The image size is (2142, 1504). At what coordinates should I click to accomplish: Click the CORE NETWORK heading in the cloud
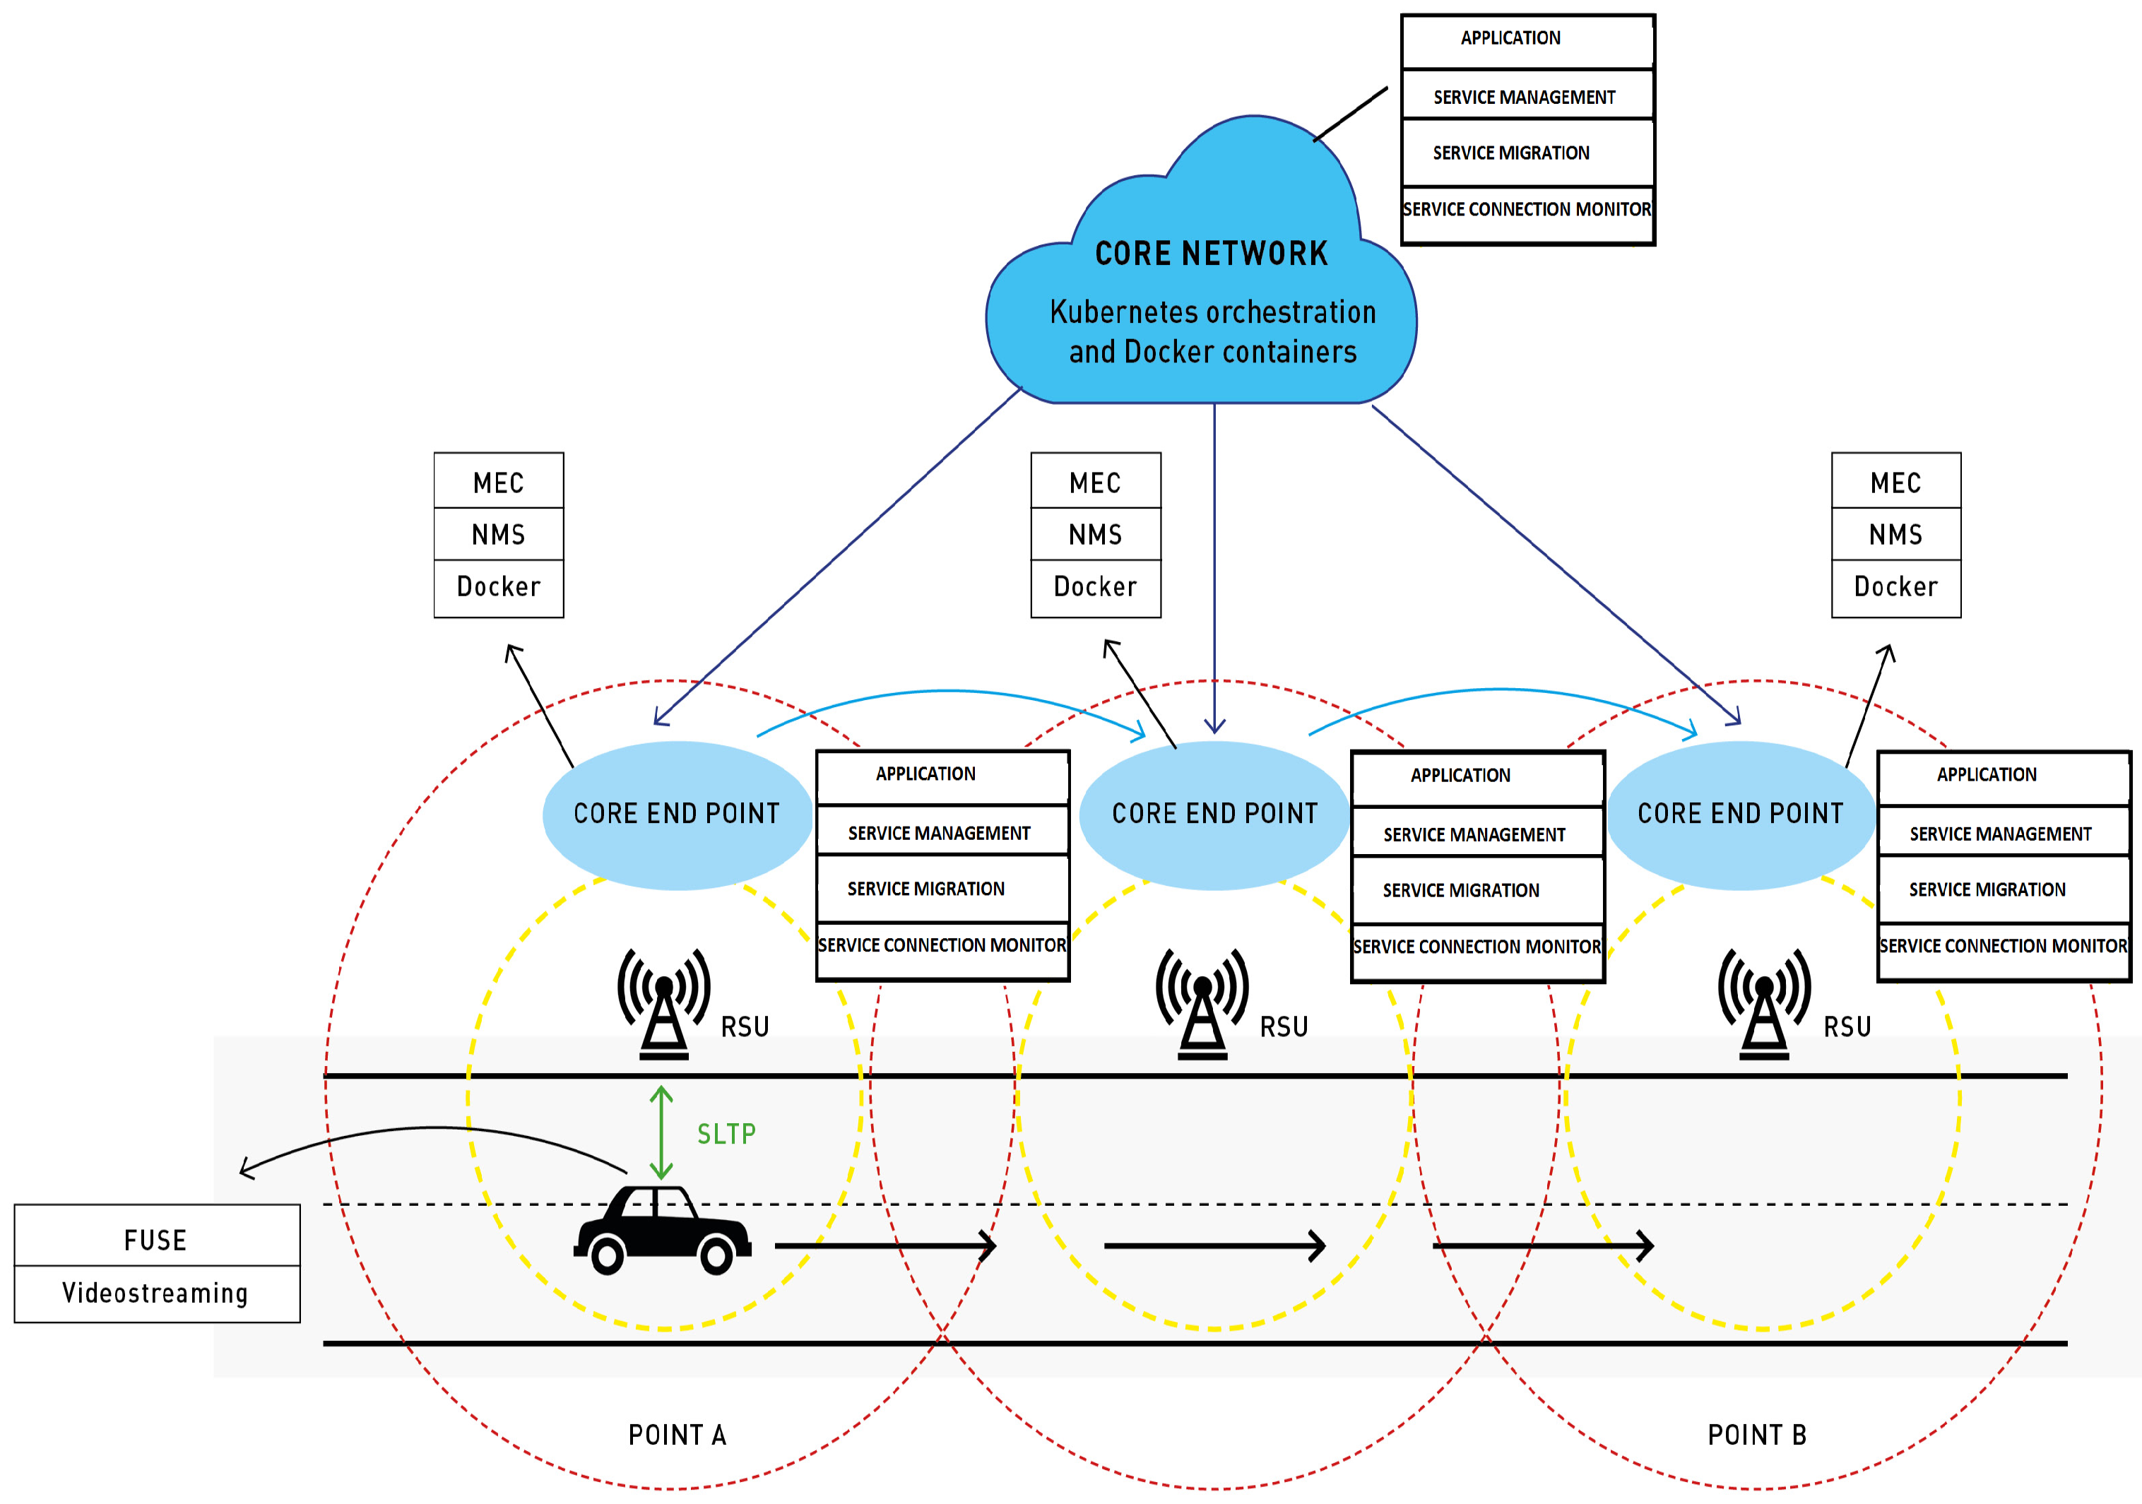[x=1211, y=254]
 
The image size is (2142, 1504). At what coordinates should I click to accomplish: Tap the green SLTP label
[x=726, y=1134]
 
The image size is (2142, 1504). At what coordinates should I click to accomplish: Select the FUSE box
[x=156, y=1240]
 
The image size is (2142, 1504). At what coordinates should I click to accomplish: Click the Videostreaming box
[x=156, y=1293]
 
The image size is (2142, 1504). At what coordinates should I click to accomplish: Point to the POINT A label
[x=676, y=1435]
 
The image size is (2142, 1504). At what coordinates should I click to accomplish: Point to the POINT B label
[x=1757, y=1435]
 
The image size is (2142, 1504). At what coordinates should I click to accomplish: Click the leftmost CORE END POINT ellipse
[x=676, y=815]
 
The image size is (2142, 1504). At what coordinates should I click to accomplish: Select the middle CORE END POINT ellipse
[x=1214, y=815]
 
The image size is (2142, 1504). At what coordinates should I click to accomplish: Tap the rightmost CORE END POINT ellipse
[x=1740, y=815]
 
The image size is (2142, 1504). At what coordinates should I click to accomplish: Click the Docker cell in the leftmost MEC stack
[x=498, y=587]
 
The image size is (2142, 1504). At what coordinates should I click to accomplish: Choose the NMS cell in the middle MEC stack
[x=1095, y=535]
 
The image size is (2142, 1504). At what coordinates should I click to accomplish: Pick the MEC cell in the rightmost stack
[x=1895, y=482]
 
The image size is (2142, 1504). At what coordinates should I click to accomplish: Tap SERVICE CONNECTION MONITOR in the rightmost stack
[x=2003, y=946]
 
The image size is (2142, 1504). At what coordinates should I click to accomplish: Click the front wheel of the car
[x=716, y=1256]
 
